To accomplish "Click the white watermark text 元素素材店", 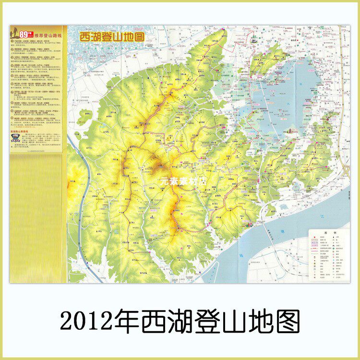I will tap(180, 182).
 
